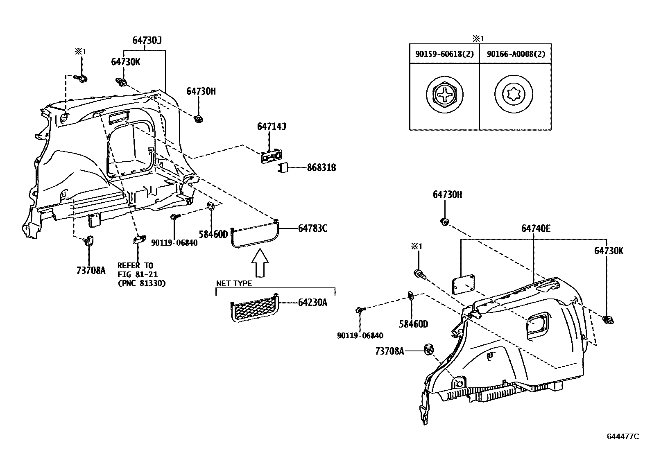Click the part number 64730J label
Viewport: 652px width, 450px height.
[147, 41]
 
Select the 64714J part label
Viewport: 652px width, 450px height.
[271, 127]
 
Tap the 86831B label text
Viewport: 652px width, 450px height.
[321, 167]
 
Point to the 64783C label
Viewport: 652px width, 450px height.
[312, 228]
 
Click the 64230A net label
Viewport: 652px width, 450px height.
[312, 303]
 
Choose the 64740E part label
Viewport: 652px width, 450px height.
[536, 228]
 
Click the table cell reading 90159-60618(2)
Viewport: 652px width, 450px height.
[444, 54]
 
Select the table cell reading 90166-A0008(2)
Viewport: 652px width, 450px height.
[516, 54]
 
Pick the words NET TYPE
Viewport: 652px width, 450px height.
[234, 283]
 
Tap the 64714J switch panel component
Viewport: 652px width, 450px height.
[271, 157]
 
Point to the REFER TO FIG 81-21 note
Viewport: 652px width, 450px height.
[141, 274]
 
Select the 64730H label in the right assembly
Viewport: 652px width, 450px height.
[447, 194]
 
